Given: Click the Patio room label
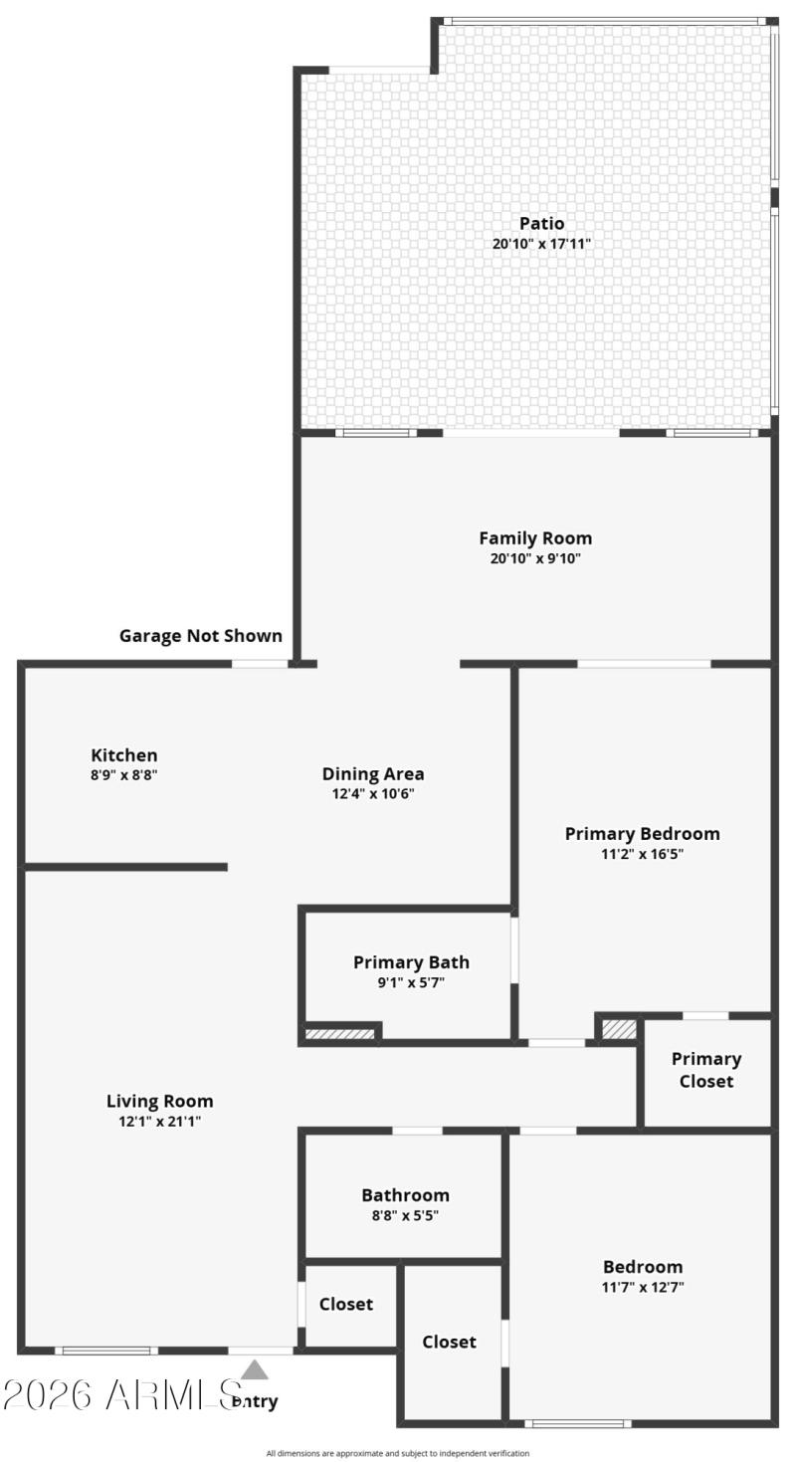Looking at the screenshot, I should coord(541,223).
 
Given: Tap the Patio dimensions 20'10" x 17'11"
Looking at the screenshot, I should coord(541,243).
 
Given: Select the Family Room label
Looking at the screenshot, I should coord(535,538).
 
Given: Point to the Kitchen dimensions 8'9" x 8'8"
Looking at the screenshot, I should coord(123,773).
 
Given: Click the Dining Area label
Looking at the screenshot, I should coord(373,773).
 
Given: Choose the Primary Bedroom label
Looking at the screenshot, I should coord(642,833).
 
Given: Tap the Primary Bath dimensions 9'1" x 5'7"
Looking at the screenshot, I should coord(411,982).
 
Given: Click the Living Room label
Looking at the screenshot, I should coord(159,1101).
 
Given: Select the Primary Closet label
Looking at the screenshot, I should coord(705,1070).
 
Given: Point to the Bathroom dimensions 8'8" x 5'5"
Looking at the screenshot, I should coord(405,1215).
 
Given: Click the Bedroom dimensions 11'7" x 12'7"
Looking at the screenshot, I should coord(643,1287).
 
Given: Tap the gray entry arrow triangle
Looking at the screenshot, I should coord(255,1370).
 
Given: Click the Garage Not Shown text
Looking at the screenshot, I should coord(200,635).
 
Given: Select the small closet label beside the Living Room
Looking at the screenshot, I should coord(346,1304).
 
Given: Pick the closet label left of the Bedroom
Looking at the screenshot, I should coord(449,1342).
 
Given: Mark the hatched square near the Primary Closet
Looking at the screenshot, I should coord(619,1028).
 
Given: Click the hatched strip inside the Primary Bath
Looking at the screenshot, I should coord(339,1034).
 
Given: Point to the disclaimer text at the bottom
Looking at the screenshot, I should coord(398,1453).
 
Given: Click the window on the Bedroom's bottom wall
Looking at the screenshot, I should coord(577,1423).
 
